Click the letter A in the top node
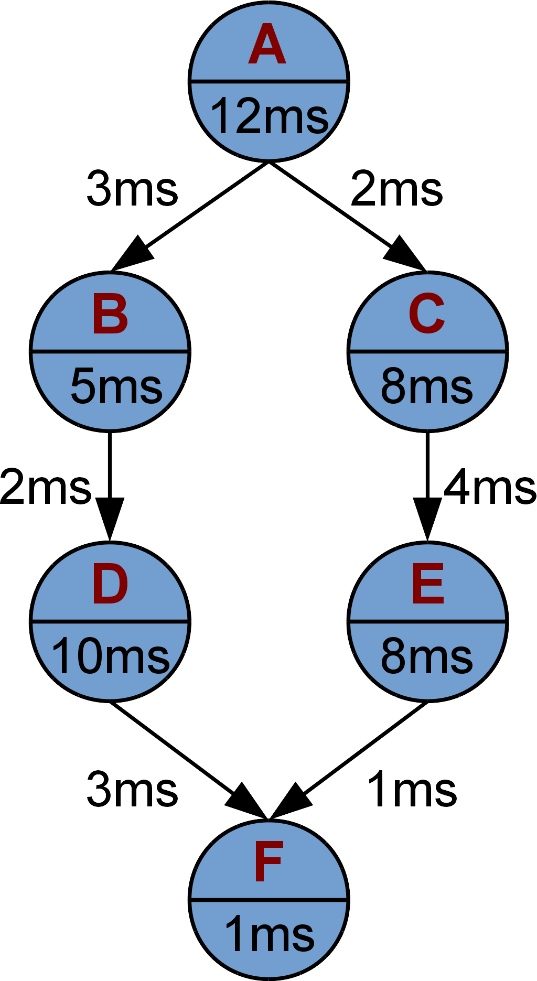pos(267,45)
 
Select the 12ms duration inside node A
pos(269,116)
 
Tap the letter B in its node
pos(110,315)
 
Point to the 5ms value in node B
pos(116,386)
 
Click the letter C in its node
pos(427,315)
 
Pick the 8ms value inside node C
pos(427,386)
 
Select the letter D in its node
pos(110,585)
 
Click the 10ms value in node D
pos(111,656)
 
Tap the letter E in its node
pos(428,585)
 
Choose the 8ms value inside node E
pos(427,656)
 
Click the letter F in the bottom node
pos(268,862)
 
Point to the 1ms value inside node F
pos(269,934)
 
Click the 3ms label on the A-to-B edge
pos(132,189)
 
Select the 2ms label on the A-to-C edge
pos(396,189)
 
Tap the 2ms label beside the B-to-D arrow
pos(46,488)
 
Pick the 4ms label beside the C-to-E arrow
pos(490,488)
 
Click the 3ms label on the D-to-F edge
pos(132,789)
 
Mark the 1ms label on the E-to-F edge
pos(412,789)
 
